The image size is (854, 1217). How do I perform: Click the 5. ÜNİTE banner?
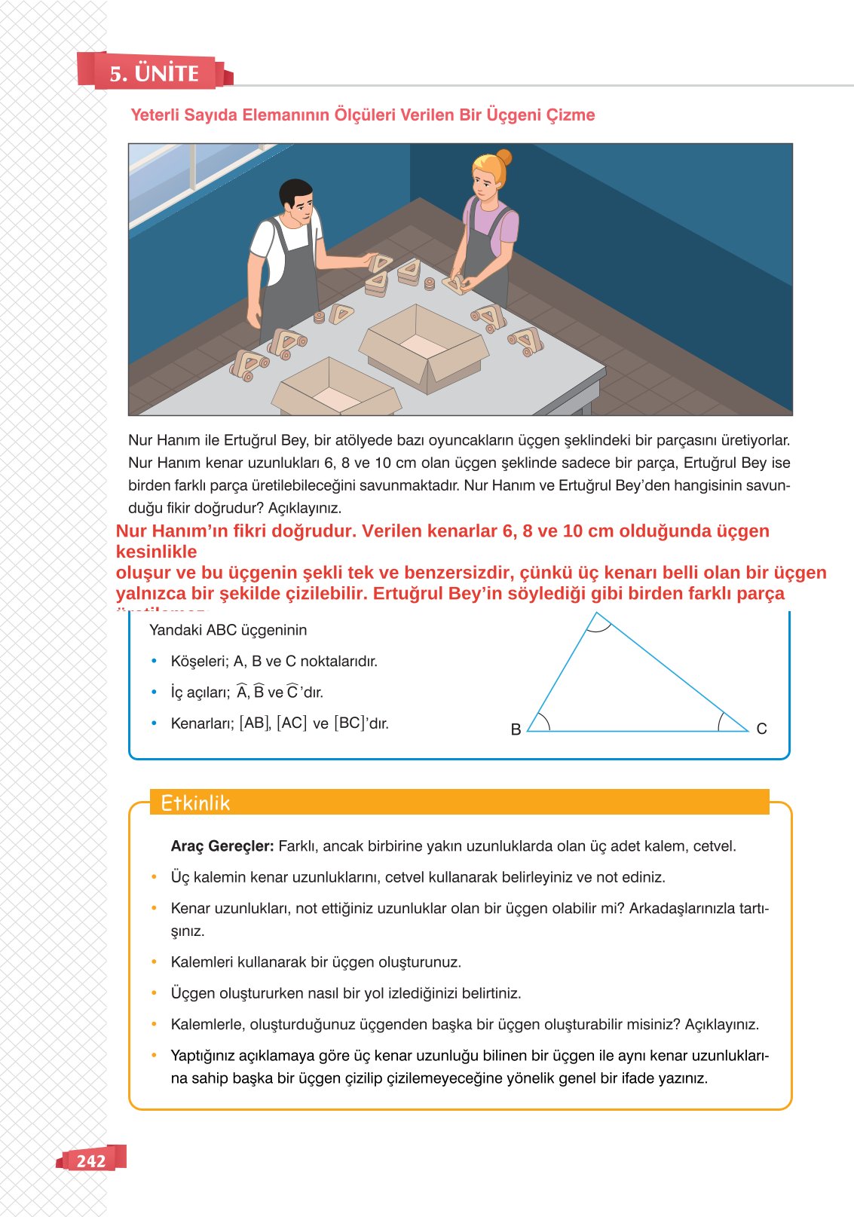click(154, 72)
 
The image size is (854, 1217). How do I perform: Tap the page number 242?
click(90, 1160)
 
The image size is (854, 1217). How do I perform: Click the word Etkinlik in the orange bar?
click(195, 803)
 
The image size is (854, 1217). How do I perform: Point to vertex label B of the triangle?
click(516, 729)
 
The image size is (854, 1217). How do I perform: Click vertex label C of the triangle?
click(761, 729)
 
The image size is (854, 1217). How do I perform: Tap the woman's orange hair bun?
click(504, 157)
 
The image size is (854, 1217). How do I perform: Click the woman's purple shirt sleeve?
click(510, 226)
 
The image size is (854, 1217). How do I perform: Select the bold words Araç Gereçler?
click(222, 846)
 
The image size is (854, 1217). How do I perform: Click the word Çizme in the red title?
click(571, 115)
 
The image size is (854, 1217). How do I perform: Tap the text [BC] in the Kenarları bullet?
click(349, 723)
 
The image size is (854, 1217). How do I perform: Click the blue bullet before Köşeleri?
click(155, 662)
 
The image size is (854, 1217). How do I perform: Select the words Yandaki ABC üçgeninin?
click(228, 630)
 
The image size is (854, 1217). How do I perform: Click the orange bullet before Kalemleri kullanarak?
click(155, 962)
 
